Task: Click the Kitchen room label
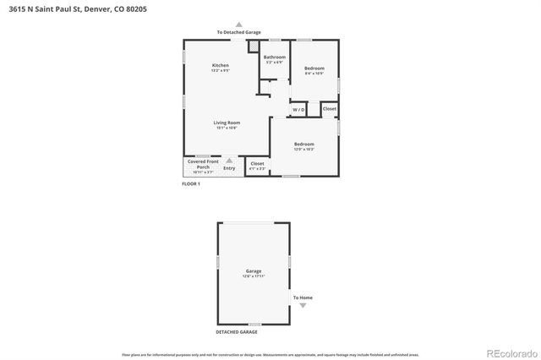tap(220, 68)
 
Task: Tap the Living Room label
tap(226, 125)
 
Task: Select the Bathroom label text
tap(275, 58)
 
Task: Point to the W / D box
tap(298, 110)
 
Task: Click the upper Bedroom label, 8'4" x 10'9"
tap(314, 70)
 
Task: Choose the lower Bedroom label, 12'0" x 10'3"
tap(303, 146)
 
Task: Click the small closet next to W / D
tap(329, 109)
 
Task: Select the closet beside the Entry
tap(257, 166)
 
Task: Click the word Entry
tap(229, 168)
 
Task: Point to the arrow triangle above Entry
tap(228, 159)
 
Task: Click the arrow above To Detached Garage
tap(238, 25)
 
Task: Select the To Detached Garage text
tap(238, 32)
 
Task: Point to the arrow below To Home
tap(303, 305)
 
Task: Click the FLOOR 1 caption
tap(191, 183)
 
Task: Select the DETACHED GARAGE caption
tap(237, 332)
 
